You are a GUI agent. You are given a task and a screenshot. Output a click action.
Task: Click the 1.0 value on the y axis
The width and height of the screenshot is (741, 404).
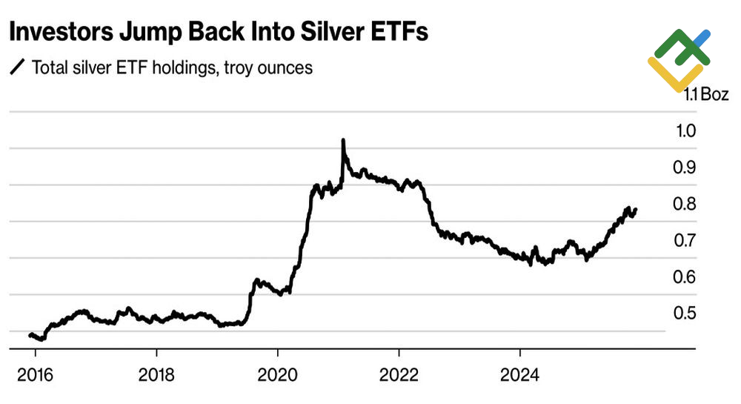685,131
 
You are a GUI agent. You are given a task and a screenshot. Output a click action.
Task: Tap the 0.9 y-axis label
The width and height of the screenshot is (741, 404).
685,168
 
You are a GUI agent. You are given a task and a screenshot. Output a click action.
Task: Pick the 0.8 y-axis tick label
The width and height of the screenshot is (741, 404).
685,204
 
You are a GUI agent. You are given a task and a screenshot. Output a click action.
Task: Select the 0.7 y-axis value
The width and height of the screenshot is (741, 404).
685,240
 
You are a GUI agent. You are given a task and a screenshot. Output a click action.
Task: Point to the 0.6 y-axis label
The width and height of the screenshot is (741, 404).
685,276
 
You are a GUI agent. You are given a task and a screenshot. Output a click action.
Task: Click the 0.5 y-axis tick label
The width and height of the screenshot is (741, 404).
685,313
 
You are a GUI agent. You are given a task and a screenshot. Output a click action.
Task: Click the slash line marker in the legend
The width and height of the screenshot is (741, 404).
16,68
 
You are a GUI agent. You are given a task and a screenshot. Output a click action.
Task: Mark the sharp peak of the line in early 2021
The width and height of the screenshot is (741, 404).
343,140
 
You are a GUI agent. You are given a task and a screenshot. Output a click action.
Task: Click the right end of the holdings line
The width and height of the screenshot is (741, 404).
636,210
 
